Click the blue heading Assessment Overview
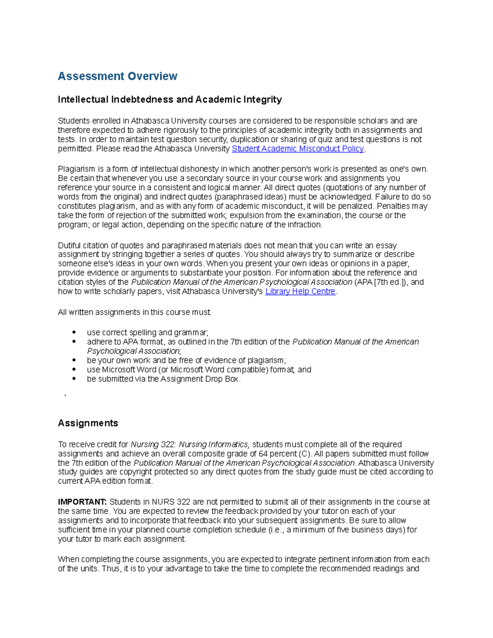coord(117,76)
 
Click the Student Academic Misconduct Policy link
coord(298,149)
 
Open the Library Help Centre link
coord(300,291)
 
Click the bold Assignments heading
coord(88,423)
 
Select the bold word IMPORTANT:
coord(82,502)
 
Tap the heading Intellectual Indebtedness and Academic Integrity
coord(170,99)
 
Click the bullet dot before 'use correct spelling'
coord(74,332)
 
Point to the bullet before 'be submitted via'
coord(74,379)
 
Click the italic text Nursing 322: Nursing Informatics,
coord(190,445)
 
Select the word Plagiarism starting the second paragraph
coord(76,169)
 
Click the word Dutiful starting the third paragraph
coord(70,246)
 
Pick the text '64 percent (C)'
coord(286,454)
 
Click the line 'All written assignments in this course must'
coord(134,312)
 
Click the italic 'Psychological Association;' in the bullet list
coord(134,351)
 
